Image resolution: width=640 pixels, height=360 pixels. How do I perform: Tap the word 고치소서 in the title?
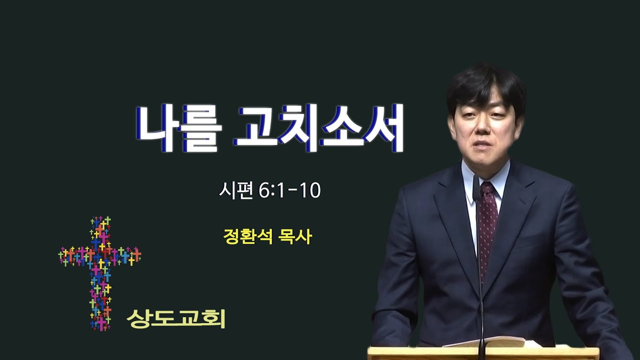318,127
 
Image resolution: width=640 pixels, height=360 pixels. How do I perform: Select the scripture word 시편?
236,190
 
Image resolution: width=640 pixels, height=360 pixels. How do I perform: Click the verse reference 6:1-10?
289,190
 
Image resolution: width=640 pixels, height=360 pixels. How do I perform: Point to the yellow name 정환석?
248,236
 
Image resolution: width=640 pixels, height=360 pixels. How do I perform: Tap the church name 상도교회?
175,318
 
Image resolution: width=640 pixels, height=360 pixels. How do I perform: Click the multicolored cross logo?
99,273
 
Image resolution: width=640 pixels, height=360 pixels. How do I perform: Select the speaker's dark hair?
485,88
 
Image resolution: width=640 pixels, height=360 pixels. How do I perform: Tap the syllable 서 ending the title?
383,127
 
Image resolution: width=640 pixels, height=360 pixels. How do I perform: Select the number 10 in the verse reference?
310,190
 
